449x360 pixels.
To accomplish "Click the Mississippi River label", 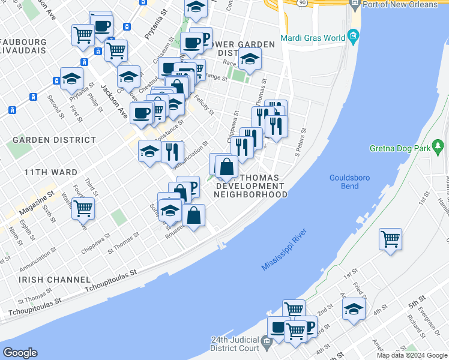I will pos(285,249).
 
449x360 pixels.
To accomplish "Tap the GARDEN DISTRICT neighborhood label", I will pos(54,139).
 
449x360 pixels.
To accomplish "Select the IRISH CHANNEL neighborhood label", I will pos(54,280).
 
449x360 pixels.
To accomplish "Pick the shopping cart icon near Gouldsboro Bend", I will pos(390,239).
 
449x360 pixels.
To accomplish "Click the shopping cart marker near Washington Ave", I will pos(83,208).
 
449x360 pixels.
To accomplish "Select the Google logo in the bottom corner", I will pos(20,352).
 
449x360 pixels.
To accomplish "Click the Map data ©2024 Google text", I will pos(412,355).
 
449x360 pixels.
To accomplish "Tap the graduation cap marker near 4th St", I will pos(354,309).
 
